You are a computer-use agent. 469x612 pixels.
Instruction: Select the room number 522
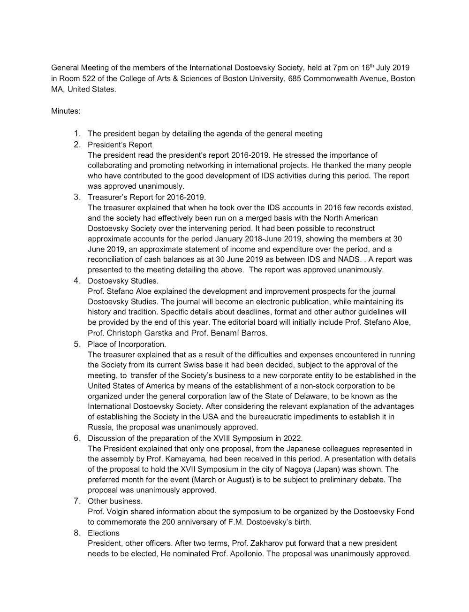(x=88, y=78)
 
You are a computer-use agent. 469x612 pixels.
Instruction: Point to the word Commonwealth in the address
(x=335, y=78)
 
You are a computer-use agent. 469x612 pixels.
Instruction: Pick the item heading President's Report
(x=120, y=145)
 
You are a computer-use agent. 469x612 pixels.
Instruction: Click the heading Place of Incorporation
(x=127, y=344)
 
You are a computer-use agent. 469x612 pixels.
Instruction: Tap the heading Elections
(x=104, y=533)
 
